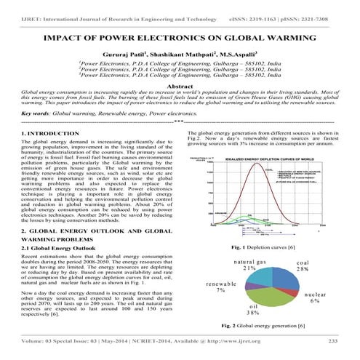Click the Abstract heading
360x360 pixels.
pyautogui.click(x=180, y=86)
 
